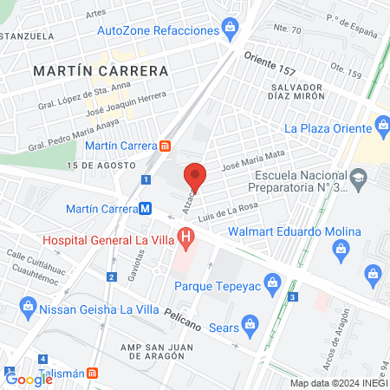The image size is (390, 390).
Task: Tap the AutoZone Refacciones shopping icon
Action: [x=230, y=28]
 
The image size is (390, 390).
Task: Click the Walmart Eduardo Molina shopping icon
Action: [x=341, y=249]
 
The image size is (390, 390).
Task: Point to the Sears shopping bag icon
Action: [x=250, y=327]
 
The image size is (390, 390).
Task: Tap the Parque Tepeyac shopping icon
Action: [x=272, y=282]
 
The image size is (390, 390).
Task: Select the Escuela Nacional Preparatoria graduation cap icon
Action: [x=356, y=178]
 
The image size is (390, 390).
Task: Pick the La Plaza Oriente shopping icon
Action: [x=380, y=128]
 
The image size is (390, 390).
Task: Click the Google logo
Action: [x=29, y=378]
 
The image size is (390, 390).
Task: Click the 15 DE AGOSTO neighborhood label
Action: [x=101, y=165]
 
